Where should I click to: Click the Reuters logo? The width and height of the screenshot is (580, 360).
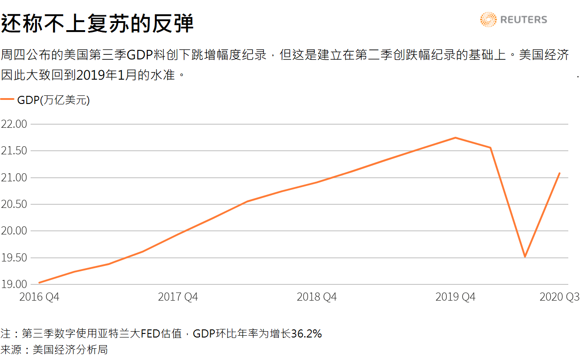(514, 20)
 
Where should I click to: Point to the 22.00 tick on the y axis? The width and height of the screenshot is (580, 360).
(14, 124)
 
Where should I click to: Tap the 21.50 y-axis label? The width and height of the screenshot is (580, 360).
(14, 151)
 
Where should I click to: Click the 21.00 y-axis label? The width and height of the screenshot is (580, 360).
(14, 178)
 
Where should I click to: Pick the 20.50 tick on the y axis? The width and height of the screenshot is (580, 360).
(14, 204)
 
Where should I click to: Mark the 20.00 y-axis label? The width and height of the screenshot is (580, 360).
(14, 231)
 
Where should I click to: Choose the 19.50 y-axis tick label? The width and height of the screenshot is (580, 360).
(14, 258)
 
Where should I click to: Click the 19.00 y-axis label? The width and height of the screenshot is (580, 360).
(14, 284)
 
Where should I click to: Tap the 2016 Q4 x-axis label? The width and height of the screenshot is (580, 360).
(39, 297)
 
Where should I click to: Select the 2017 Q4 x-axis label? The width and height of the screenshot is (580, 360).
(178, 297)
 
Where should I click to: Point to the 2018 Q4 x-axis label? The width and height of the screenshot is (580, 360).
(317, 297)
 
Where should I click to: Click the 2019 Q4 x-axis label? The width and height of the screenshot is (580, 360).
(455, 297)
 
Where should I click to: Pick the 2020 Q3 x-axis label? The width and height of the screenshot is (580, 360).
(559, 297)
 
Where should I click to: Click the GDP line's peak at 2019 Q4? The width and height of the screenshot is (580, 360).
(455, 138)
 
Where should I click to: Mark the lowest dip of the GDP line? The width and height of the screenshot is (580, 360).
(525, 256)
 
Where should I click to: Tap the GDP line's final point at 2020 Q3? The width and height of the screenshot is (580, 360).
(559, 173)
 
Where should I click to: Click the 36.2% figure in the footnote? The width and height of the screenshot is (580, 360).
(306, 334)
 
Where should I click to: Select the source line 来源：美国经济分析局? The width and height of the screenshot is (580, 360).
(54, 349)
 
